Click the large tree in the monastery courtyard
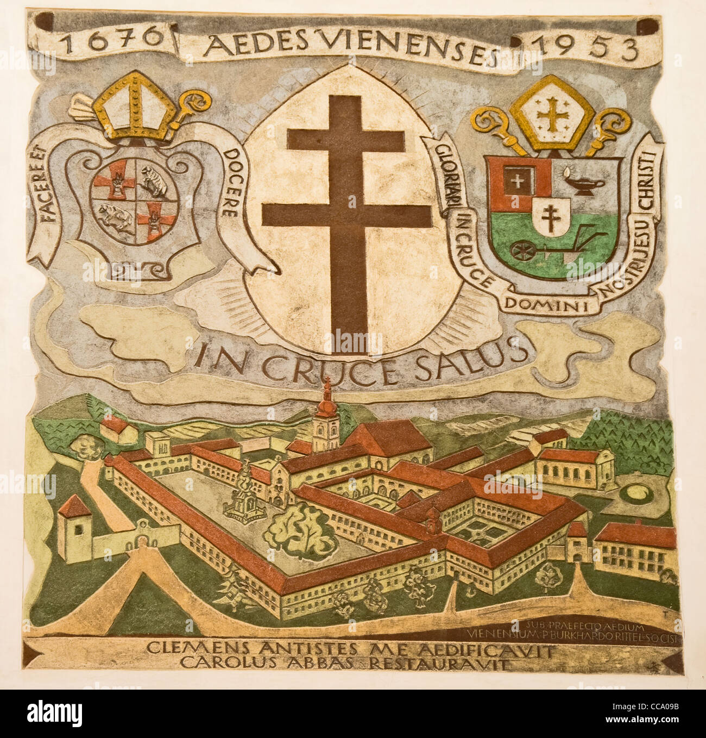click(301, 530)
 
